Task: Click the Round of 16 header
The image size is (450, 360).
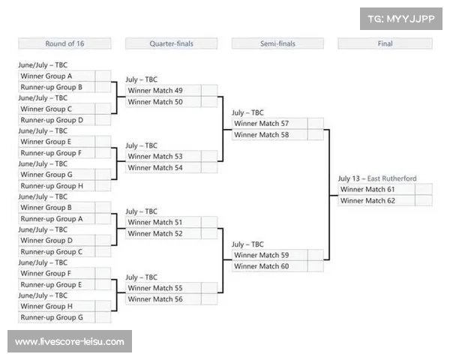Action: pyautogui.click(x=64, y=43)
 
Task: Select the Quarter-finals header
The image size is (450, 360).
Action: pyautogui.click(x=171, y=43)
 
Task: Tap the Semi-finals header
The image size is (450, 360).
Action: pyautogui.click(x=277, y=43)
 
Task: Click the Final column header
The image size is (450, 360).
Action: pyautogui.click(x=385, y=43)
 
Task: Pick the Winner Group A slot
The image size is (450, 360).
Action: pyautogui.click(x=64, y=76)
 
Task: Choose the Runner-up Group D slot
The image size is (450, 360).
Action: pyautogui.click(x=64, y=120)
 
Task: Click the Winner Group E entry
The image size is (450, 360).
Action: pyautogui.click(x=64, y=142)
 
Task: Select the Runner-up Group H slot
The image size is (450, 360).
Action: pyautogui.click(x=64, y=186)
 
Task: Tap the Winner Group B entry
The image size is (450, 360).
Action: pyautogui.click(x=64, y=208)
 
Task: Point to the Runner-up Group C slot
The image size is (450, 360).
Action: pyautogui.click(x=64, y=252)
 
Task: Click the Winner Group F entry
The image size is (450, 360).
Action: pyautogui.click(x=64, y=273)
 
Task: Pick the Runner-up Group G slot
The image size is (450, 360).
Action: pyautogui.click(x=64, y=317)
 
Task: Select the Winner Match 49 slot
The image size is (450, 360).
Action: pyautogui.click(x=171, y=91)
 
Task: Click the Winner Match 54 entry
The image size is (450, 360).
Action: pyautogui.click(x=171, y=168)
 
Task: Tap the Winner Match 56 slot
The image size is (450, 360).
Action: pyautogui.click(x=171, y=299)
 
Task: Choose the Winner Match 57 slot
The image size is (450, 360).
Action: pyautogui.click(x=277, y=124)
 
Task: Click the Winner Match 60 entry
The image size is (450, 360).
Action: pyautogui.click(x=277, y=266)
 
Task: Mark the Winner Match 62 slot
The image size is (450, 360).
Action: pyautogui.click(x=385, y=201)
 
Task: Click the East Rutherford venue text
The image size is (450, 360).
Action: pyautogui.click(x=391, y=178)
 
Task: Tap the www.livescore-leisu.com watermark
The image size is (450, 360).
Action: pyautogui.click(x=70, y=342)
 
